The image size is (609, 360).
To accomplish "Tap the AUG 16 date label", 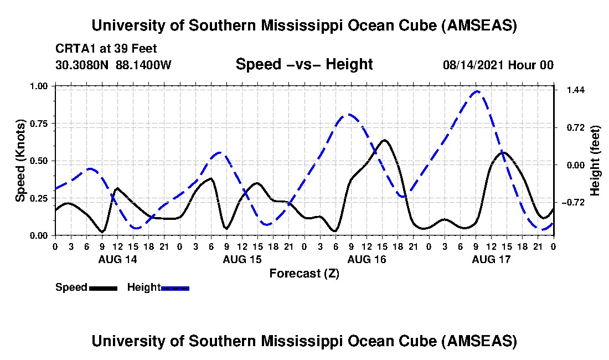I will coord(366,259).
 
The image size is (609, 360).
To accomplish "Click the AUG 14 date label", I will coord(117,259).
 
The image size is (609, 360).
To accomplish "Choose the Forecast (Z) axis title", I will coord(304,274).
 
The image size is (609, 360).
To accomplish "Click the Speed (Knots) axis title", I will coord(20,160).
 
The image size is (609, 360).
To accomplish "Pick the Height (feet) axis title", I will coord(595,161).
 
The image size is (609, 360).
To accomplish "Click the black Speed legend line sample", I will coord(103,288).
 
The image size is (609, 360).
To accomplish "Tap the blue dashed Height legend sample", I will coord(175,288).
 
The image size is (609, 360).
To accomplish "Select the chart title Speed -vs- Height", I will coord(304,64).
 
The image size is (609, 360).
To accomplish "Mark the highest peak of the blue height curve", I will coord(477,91).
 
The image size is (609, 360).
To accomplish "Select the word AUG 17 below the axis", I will coord(491,259).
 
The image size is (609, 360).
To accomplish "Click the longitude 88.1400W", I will coord(144,64).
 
